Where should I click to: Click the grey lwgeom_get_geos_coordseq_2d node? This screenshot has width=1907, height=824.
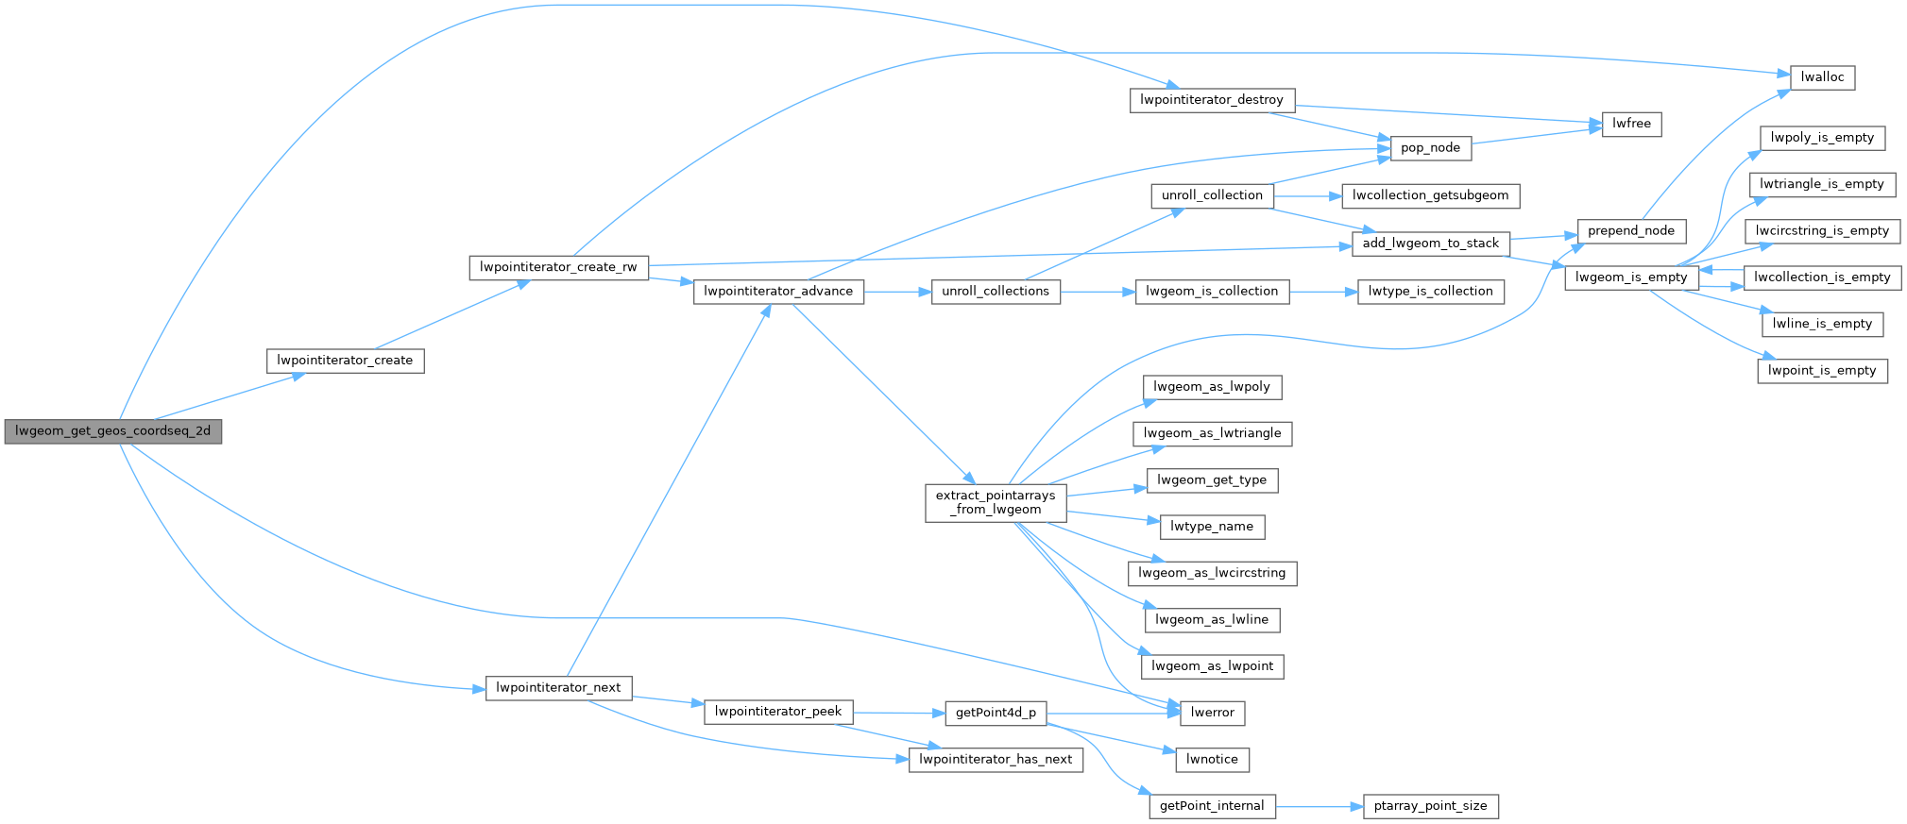pyautogui.click(x=112, y=431)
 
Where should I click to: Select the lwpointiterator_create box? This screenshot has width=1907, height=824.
pyautogui.click(x=345, y=361)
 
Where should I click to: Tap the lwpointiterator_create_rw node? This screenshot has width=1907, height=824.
pyautogui.click(x=558, y=267)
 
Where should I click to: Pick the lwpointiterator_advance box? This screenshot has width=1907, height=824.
pyautogui.click(x=778, y=292)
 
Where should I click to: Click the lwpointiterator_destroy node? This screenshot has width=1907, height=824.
pyautogui.click(x=1211, y=100)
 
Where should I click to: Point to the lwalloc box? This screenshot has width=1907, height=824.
pyautogui.click(x=1822, y=77)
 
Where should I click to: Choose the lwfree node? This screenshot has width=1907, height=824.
pyautogui.click(x=1631, y=124)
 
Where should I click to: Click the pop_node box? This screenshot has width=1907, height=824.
pyautogui.click(x=1430, y=147)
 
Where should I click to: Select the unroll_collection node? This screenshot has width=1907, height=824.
pyautogui.click(x=1212, y=195)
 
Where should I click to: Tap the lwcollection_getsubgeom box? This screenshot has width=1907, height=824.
pyautogui.click(x=1430, y=195)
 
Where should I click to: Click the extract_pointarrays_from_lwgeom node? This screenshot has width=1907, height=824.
pyautogui.click(x=996, y=502)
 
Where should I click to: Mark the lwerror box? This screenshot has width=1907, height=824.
pyautogui.click(x=1212, y=713)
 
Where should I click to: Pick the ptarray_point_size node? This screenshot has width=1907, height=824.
pyautogui.click(x=1430, y=806)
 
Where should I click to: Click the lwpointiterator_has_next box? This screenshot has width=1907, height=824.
pyautogui.click(x=996, y=760)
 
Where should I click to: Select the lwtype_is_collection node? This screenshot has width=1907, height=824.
pyautogui.click(x=1430, y=292)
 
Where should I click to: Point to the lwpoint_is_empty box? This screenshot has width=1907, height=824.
pyautogui.click(x=1822, y=371)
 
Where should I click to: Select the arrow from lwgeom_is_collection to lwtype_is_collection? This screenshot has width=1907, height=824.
pyautogui.click(x=1322, y=292)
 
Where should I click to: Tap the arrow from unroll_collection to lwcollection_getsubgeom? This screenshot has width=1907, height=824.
pyautogui.click(x=1307, y=196)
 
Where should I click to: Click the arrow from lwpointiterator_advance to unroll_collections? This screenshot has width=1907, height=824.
pyautogui.click(x=897, y=292)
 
